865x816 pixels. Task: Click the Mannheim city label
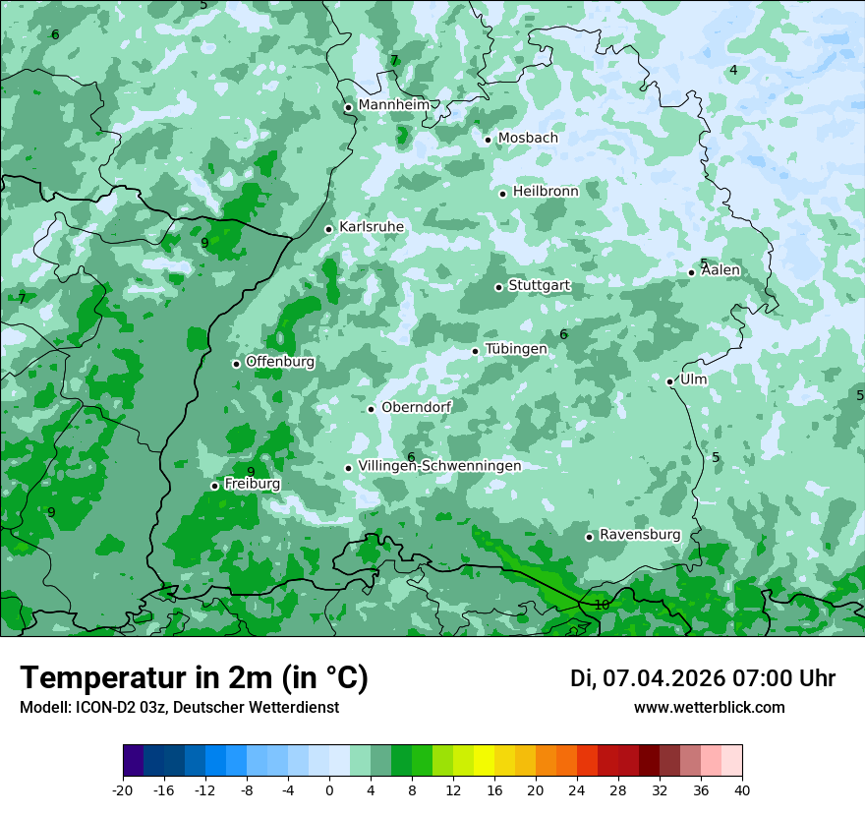(x=393, y=104)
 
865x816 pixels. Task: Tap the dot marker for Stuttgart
(x=498, y=287)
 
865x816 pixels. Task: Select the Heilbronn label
(x=546, y=191)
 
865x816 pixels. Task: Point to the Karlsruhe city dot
(x=329, y=229)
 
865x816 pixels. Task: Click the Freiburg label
(x=253, y=484)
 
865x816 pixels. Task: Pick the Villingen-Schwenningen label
(x=439, y=465)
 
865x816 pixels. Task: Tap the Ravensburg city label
(x=640, y=534)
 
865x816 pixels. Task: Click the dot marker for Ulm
(x=670, y=381)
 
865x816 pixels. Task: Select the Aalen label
(x=721, y=270)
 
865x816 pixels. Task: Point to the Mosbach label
(x=528, y=138)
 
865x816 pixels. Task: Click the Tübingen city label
(x=516, y=349)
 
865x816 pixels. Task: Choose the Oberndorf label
(x=417, y=407)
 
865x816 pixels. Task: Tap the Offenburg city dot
(x=236, y=364)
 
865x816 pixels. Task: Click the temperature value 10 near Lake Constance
(x=602, y=605)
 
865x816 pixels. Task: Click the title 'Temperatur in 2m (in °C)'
(x=194, y=677)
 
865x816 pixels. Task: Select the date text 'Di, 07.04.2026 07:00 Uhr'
(x=703, y=678)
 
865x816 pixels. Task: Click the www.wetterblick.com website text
(x=709, y=707)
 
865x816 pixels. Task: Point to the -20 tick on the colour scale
(x=123, y=789)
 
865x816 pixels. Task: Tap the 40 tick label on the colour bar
(x=741, y=789)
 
